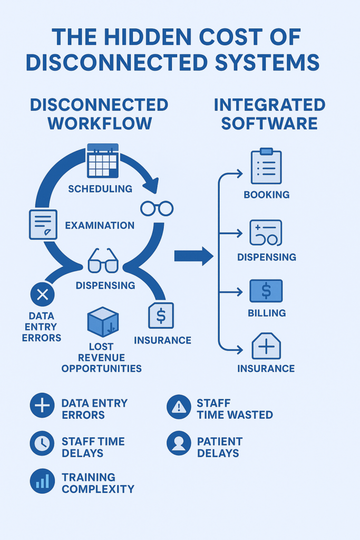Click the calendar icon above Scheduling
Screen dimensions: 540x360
point(103,160)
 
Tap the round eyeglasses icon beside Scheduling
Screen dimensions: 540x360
point(157,209)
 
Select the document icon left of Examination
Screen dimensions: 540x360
point(43,224)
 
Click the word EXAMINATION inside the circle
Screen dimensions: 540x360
point(100,225)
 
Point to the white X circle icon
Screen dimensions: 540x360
point(43,294)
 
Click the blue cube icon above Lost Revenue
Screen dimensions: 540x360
point(103,322)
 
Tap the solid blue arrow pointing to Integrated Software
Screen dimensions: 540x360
point(193,256)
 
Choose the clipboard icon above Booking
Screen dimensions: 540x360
point(266,166)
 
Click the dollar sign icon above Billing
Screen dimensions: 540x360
point(266,291)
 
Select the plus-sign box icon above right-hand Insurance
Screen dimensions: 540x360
point(266,346)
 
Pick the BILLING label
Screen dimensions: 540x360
point(267,313)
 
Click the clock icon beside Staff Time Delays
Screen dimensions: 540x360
point(42,444)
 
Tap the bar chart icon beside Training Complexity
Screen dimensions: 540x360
point(42,481)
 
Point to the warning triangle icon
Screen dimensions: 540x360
point(179,407)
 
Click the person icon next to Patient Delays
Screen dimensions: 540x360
point(179,444)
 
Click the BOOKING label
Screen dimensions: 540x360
point(266,195)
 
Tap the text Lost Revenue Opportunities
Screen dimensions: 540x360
point(102,358)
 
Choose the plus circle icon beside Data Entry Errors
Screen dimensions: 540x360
point(42,406)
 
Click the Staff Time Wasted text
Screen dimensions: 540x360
point(235,409)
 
